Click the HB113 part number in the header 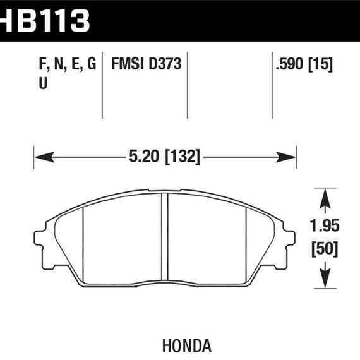[x=45, y=21]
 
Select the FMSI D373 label [x=147, y=64]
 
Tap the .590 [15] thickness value [x=304, y=64]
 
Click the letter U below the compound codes [x=43, y=83]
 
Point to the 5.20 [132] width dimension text [x=165, y=157]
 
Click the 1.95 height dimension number [x=325, y=225]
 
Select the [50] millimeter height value [x=325, y=249]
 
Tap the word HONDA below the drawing [x=187, y=345]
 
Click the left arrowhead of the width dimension [x=44, y=157]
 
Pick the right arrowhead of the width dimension [x=286, y=157]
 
